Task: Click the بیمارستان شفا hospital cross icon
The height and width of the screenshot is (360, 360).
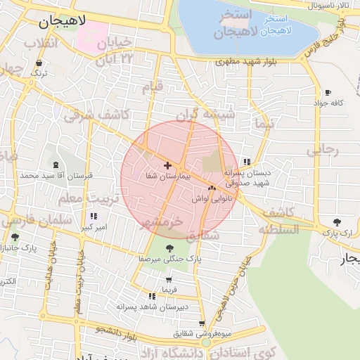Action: (x=167, y=165)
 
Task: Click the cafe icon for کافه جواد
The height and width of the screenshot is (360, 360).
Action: (x=328, y=93)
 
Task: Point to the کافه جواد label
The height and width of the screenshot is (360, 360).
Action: (x=328, y=103)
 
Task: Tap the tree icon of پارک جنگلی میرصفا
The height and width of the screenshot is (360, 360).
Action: (x=169, y=247)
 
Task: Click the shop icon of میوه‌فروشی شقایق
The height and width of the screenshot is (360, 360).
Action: (x=202, y=323)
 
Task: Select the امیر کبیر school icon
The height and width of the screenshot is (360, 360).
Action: (x=94, y=216)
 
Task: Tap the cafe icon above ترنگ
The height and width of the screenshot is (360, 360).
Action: (x=38, y=63)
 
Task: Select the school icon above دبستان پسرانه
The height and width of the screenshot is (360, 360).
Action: (x=246, y=161)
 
